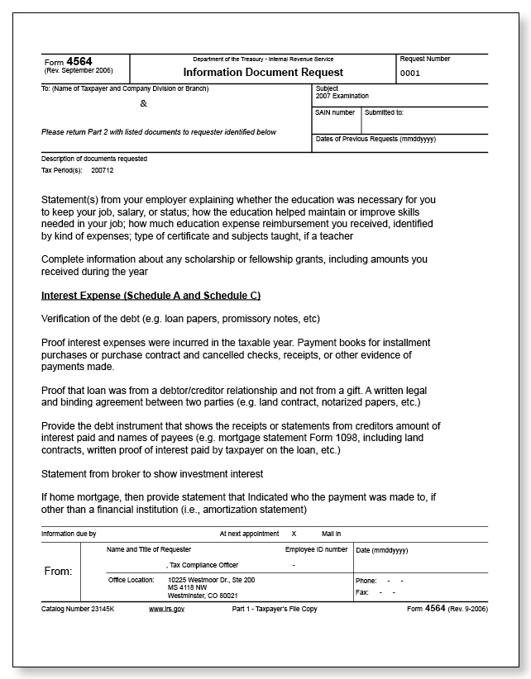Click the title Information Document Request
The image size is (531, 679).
click(x=263, y=73)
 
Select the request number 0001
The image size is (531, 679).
click(x=410, y=74)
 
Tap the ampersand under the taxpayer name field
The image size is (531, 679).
click(x=143, y=104)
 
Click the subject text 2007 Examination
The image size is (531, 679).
click(x=342, y=96)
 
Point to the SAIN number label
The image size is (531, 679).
click(x=335, y=112)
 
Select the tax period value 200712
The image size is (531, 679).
click(x=103, y=170)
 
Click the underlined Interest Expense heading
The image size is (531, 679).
click(x=151, y=296)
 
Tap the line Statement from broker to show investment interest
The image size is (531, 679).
click(x=152, y=473)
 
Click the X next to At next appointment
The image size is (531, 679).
click(x=294, y=534)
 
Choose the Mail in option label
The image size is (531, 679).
click(x=332, y=534)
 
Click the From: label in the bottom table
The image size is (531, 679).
click(x=57, y=572)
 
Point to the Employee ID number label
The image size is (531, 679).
click(x=316, y=549)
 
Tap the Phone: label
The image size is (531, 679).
click(x=366, y=581)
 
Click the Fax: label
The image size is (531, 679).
click(x=361, y=592)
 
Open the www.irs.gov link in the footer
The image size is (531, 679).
click(x=166, y=608)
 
